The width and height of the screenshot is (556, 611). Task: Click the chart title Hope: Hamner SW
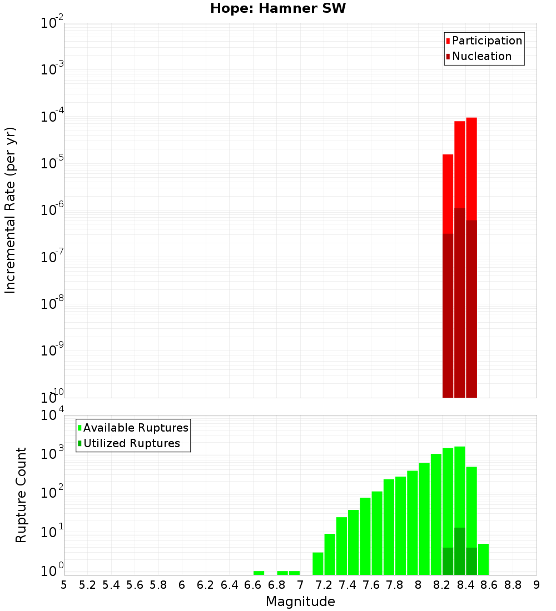point(278,9)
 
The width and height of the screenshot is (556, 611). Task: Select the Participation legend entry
point(487,41)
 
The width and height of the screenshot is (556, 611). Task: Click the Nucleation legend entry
point(481,56)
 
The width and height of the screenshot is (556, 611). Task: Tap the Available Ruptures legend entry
point(135,428)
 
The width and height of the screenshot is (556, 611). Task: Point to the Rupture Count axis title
point(21,495)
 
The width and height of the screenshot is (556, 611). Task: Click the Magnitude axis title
point(300,601)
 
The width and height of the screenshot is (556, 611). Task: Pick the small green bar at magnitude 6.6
point(259,573)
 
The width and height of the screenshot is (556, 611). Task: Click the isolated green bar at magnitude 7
point(294,573)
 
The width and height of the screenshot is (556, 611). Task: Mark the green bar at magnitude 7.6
point(377,533)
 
